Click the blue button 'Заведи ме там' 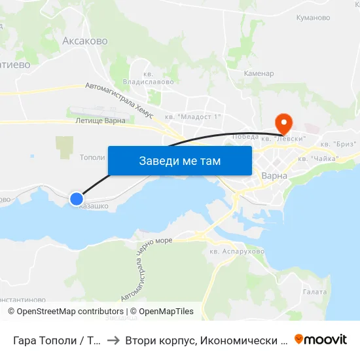tap(179, 160)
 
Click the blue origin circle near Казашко tap(77, 198)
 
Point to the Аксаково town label tap(85, 41)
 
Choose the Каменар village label tap(259, 73)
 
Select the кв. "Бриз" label tap(338, 144)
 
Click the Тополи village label tap(92, 157)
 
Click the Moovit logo tap(321, 339)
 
